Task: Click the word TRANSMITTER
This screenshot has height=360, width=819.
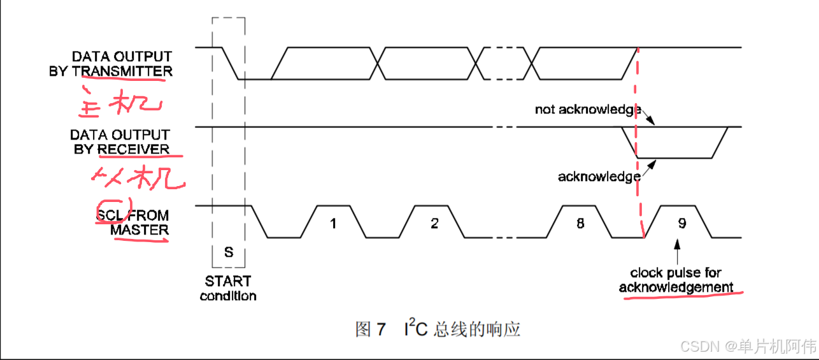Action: click(122, 71)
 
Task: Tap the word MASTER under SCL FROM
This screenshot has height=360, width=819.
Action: click(139, 229)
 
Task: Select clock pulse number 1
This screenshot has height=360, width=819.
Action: click(332, 223)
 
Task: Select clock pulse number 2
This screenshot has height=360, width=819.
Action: click(434, 223)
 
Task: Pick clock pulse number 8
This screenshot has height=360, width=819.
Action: click(580, 223)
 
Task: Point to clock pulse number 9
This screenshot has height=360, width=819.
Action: click(681, 223)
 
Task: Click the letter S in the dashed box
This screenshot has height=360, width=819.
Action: click(229, 252)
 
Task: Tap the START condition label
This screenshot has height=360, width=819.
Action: click(228, 288)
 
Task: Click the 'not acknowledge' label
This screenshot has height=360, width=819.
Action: click(587, 110)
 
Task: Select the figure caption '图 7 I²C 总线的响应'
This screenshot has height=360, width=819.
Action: click(438, 329)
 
